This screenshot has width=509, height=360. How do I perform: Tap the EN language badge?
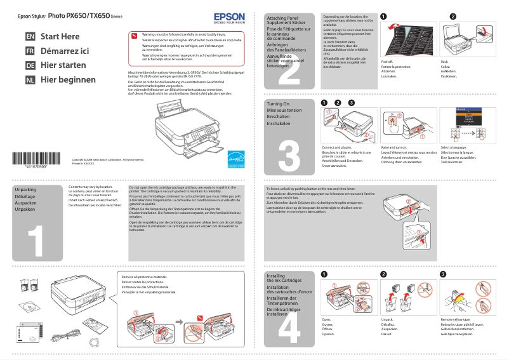(30, 37)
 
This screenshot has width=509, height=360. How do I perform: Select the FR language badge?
(30, 51)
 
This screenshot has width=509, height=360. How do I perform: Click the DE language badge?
(30, 65)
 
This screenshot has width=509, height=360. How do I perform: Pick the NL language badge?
(30, 80)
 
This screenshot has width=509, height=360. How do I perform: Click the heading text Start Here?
(60, 37)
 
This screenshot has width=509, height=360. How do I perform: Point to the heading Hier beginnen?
(68, 80)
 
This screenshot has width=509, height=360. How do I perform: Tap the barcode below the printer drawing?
(37, 159)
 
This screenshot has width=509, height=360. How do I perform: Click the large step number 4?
(289, 328)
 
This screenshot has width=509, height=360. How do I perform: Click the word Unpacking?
(25, 190)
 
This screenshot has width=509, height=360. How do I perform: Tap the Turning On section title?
(278, 103)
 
